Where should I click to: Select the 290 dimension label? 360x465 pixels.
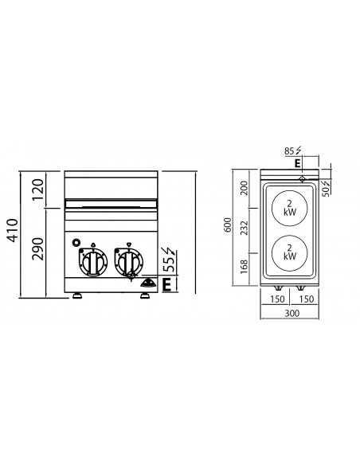(37, 253)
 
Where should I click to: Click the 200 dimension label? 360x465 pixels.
(245, 188)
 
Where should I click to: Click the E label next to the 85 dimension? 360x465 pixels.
(296, 162)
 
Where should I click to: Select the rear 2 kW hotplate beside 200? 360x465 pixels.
(289, 209)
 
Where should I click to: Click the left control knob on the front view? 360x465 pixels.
(94, 263)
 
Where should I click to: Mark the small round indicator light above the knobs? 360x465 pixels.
(76, 242)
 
